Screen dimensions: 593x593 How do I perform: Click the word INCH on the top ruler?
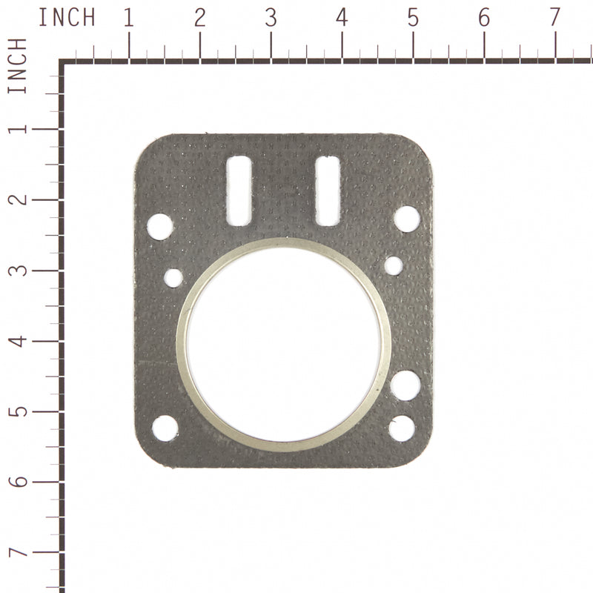67,17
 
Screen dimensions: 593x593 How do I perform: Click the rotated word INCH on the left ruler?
17,66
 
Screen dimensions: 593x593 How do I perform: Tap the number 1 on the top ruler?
129,18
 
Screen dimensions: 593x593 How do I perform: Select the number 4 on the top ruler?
342,18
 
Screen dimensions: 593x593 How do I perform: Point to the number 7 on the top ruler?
554,18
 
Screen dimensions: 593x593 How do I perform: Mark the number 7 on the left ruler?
17,553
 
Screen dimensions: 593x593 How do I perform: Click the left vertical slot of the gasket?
239,191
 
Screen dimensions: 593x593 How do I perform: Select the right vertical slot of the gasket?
328,191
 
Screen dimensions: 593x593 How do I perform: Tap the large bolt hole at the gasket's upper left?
160,226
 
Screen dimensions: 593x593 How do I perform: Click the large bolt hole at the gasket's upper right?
406,219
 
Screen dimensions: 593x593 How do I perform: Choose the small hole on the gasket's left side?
173,278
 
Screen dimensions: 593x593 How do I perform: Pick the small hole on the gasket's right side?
394,265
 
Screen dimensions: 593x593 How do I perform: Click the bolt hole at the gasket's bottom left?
165,428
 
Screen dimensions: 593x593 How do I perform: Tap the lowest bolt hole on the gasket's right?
402,428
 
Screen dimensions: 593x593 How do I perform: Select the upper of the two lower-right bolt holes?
405,385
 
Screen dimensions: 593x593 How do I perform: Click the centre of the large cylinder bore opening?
283,345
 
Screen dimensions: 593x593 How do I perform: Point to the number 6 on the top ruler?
483,18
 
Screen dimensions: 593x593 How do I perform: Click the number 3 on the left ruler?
17,270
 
